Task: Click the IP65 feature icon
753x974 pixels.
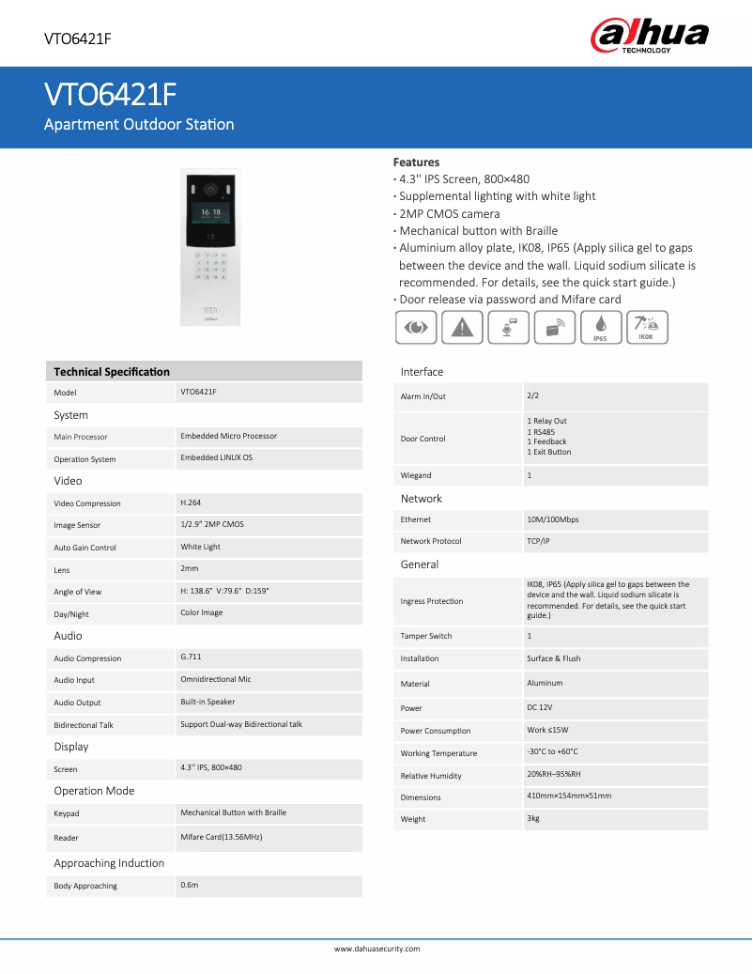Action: click(x=599, y=327)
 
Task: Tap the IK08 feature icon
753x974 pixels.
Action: click(x=646, y=326)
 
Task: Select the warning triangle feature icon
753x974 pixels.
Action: click(x=461, y=327)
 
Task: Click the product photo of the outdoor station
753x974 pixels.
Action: click(x=210, y=247)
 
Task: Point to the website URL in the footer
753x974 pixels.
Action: click(x=376, y=949)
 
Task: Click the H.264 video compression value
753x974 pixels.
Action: click(x=191, y=502)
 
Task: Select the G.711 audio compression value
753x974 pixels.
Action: click(x=191, y=657)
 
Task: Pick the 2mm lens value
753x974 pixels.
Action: click(x=190, y=568)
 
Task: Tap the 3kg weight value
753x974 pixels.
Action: click(x=533, y=818)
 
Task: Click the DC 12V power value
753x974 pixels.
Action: click(x=540, y=706)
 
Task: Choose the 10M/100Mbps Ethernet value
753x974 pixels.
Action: click(x=553, y=518)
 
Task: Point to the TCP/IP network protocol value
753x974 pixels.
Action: click(x=539, y=540)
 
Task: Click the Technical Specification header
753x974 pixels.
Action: click(x=112, y=372)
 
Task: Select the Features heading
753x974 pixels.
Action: click(x=416, y=162)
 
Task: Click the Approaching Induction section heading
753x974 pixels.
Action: click(x=109, y=863)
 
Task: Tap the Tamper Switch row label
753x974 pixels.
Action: click(x=426, y=636)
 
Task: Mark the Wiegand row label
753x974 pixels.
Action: click(x=416, y=475)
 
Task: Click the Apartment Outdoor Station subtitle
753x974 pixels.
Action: click(x=139, y=124)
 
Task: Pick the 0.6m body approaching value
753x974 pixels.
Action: click(x=190, y=885)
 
